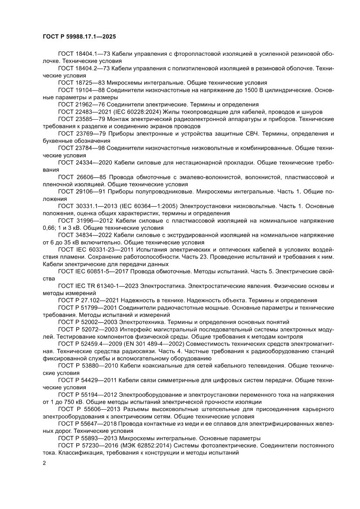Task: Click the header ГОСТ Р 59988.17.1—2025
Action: tap(79, 37)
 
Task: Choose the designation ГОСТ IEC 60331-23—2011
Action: tap(93, 250)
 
